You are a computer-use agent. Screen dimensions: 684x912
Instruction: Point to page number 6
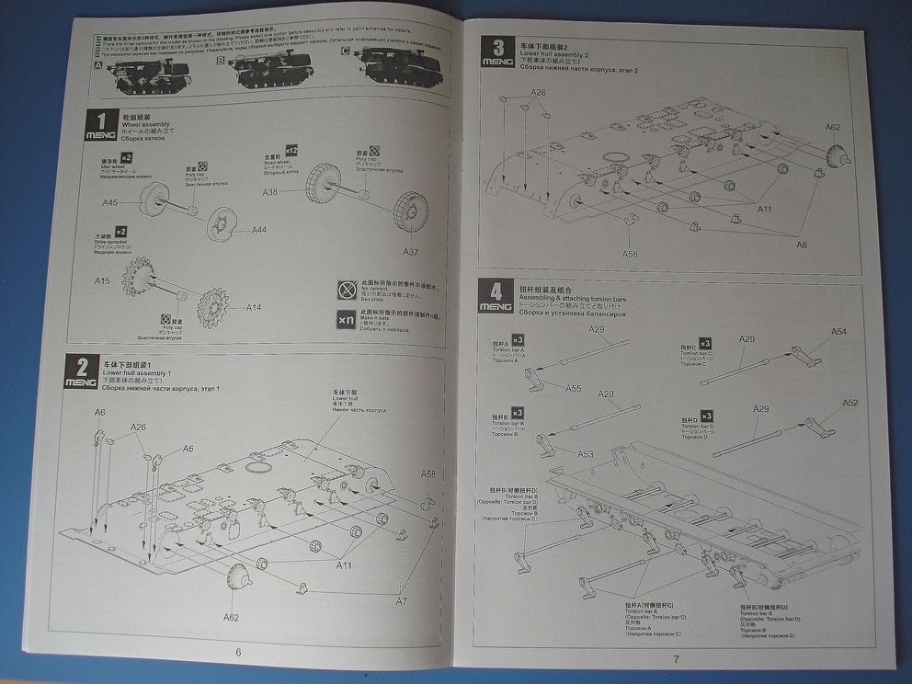(238, 652)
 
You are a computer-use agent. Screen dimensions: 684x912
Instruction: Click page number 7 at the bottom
(676, 658)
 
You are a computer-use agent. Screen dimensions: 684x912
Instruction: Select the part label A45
(110, 202)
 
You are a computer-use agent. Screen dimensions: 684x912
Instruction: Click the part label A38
(270, 192)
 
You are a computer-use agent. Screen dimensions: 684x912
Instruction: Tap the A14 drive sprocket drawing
(213, 305)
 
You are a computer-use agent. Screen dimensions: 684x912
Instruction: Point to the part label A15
(101, 279)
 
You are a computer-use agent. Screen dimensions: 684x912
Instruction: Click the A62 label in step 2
(231, 617)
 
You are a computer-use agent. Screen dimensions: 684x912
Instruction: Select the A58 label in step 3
(629, 254)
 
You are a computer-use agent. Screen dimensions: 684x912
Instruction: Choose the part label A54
(838, 332)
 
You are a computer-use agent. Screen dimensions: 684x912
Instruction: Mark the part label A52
(849, 403)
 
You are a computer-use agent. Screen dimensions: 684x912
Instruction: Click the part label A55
(573, 389)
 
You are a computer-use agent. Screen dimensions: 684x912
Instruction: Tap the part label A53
(585, 454)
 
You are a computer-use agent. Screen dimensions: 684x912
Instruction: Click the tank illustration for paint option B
(272, 71)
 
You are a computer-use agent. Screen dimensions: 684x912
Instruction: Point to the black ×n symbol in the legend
(346, 320)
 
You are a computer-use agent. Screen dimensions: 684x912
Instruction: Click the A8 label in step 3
(802, 245)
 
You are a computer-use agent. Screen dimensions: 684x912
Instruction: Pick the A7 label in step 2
(401, 600)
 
